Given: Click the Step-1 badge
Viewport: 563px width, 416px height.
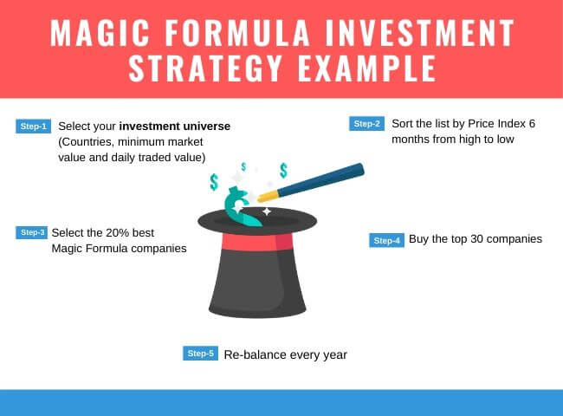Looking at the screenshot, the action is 34,126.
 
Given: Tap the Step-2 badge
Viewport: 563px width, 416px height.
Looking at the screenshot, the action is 366,124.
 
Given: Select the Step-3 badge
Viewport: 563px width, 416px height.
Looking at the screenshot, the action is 31,232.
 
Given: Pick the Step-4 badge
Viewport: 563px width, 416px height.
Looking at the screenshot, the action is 386,240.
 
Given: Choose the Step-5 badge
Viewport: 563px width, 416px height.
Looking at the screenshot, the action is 200,353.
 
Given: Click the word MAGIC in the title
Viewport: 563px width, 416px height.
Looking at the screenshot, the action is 100,33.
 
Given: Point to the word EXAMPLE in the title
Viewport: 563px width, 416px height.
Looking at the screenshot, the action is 367,68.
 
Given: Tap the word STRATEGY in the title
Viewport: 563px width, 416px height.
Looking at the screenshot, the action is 205,68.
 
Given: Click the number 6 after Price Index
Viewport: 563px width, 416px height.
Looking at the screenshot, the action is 532,124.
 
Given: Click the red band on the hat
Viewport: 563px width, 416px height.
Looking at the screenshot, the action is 257,242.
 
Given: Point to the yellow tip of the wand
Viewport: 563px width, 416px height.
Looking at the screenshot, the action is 269,196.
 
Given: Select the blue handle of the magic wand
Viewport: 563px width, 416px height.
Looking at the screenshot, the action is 320,179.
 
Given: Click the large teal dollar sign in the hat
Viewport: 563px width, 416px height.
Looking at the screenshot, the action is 240,206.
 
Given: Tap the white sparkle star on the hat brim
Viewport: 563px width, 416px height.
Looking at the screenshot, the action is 267,212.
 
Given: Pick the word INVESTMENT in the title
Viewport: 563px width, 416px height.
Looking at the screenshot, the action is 420,33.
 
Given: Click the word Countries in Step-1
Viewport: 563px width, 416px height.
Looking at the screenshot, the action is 86,142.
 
